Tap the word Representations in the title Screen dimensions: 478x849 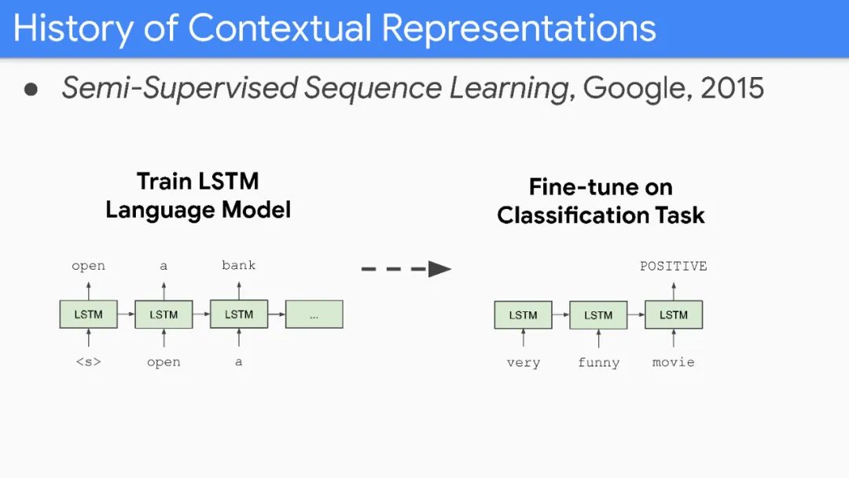520,28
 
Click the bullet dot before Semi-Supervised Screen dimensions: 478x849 31,89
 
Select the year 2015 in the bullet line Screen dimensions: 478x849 732,88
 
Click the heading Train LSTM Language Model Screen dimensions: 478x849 198,196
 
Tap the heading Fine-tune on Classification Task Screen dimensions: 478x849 601,201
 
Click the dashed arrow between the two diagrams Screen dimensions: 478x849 406,270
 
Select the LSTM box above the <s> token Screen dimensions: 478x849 88,314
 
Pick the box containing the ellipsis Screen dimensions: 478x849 314,314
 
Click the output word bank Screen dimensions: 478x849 239,265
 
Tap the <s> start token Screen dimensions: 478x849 88,362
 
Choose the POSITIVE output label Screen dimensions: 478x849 674,266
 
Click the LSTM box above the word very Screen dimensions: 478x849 523,315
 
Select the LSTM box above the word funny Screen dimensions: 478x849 598,315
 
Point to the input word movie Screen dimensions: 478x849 674,362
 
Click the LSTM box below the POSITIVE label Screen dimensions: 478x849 674,315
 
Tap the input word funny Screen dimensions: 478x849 598,362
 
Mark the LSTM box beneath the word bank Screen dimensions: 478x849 239,314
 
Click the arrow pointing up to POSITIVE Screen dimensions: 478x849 674,289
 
